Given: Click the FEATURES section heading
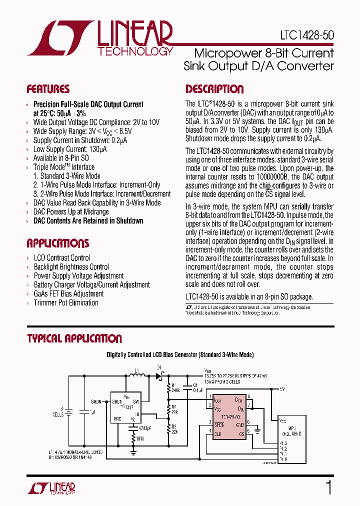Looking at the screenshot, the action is (48, 89).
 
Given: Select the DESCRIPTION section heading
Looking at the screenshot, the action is (214, 89).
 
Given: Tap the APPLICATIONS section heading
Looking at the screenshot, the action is (57, 243).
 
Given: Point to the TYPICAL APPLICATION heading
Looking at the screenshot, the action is (74, 338).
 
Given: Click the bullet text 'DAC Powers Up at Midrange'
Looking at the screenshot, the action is (71, 212).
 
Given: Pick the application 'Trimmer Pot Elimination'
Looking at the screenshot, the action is (66, 302).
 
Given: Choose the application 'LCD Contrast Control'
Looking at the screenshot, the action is (62, 258).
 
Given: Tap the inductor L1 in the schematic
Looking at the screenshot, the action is (139, 376).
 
